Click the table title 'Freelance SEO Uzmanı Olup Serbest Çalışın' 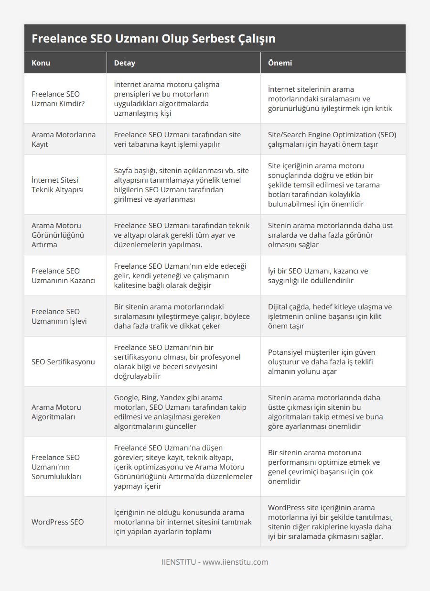(153, 39)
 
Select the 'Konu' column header (41, 63)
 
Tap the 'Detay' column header (124, 63)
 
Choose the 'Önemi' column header (280, 63)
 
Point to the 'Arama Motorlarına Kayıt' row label (64, 139)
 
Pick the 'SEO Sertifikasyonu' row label (63, 361)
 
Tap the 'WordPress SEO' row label (57, 522)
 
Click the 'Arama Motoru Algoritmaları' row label (56, 412)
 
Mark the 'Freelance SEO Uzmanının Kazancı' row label (64, 275)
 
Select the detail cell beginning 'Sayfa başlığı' (181, 185)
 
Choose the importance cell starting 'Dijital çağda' (330, 316)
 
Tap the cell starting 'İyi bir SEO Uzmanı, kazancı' (318, 275)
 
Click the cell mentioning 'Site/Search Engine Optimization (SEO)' (332, 139)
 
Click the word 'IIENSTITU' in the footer (179, 562)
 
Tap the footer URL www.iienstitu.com (236, 562)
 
